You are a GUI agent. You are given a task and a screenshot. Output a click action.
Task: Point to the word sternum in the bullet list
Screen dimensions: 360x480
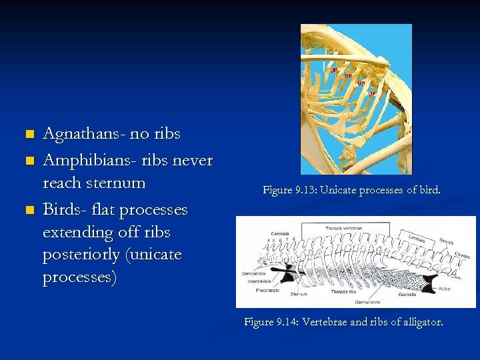[x=117, y=183]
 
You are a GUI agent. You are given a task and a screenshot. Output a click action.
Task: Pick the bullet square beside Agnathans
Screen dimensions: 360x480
[x=28, y=135]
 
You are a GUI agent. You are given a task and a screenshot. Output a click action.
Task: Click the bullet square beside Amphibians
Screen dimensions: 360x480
[x=28, y=162]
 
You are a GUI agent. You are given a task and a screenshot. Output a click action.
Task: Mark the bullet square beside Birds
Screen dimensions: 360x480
[x=28, y=211]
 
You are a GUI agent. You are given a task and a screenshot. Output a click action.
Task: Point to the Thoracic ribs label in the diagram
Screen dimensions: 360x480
[x=344, y=292]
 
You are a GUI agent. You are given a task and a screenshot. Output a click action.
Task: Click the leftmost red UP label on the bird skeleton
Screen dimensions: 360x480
[x=334, y=69]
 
